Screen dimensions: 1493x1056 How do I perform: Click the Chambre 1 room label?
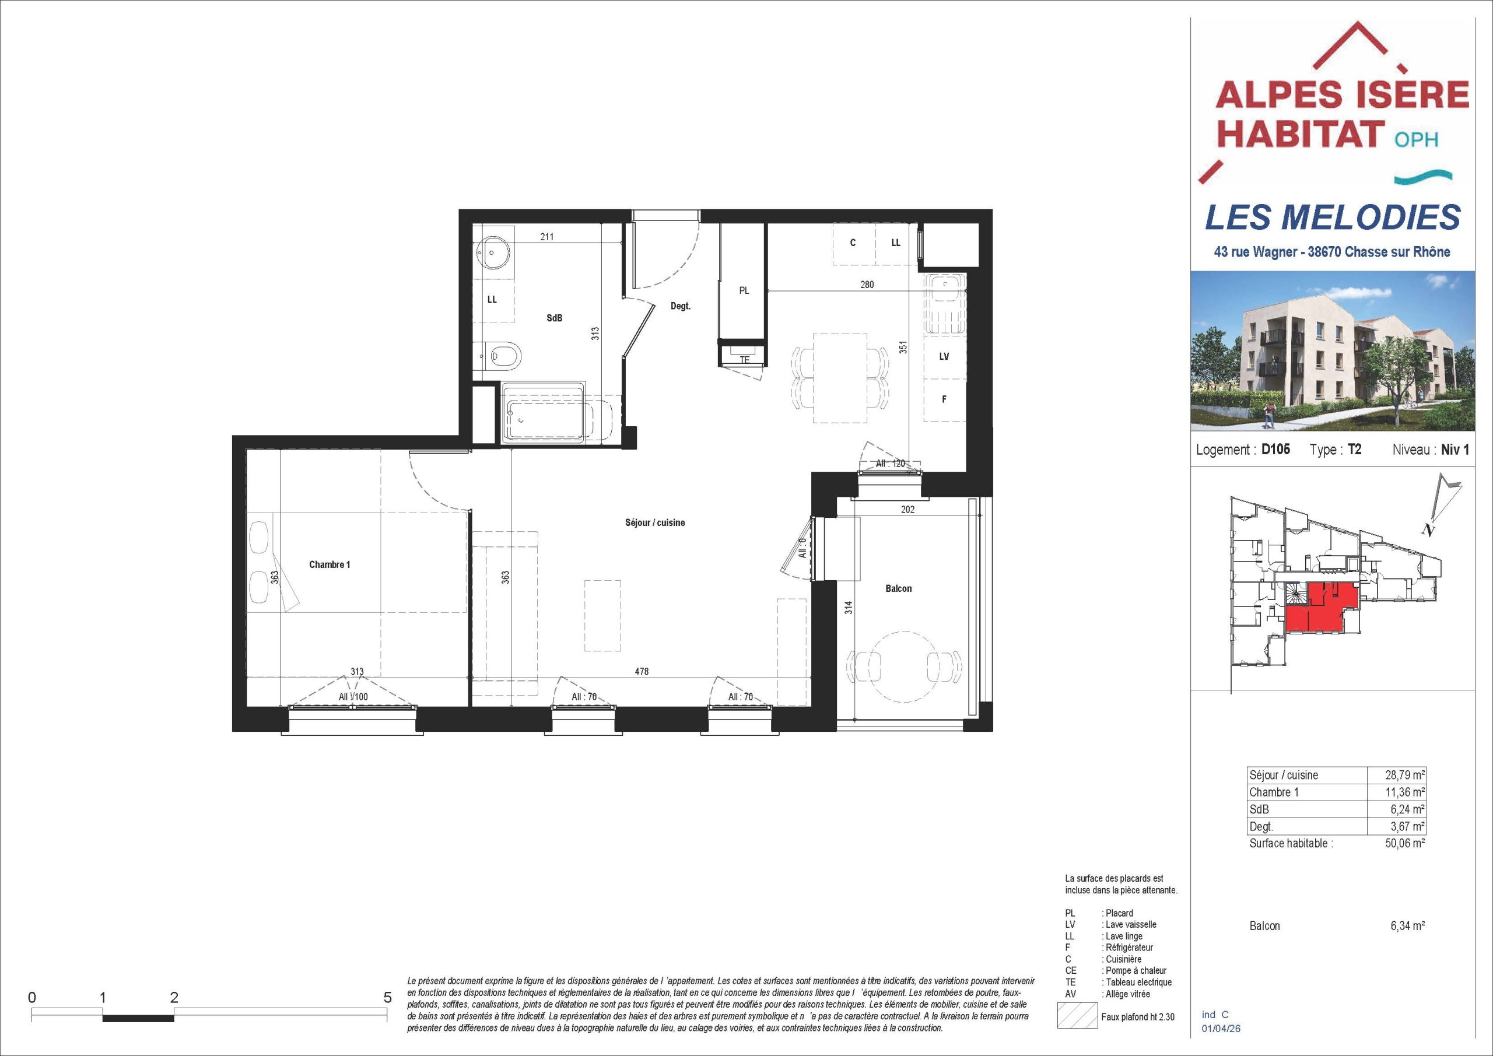click(x=329, y=564)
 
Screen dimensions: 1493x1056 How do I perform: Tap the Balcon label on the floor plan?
click(x=898, y=588)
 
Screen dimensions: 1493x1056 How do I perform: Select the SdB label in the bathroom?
click(x=554, y=318)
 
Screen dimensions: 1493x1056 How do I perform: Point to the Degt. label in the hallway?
click(x=680, y=306)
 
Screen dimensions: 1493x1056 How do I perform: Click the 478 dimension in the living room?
click(x=642, y=672)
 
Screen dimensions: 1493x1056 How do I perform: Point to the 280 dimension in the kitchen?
click(x=867, y=284)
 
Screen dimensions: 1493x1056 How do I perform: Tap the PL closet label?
click(x=744, y=290)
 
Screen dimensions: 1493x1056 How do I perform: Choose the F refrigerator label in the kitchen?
click(x=944, y=399)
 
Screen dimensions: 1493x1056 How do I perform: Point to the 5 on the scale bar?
click(x=388, y=998)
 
